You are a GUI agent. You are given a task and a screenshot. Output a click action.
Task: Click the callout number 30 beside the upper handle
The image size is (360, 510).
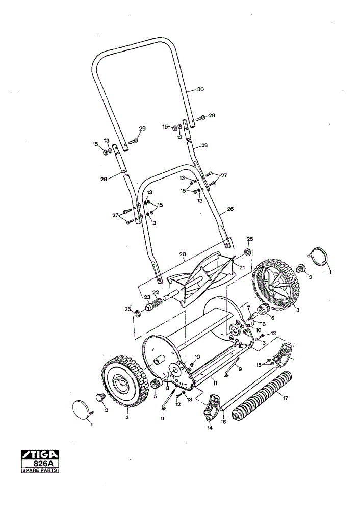point(200,89)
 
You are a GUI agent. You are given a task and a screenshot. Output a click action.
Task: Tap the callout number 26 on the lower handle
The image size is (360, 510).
point(230,209)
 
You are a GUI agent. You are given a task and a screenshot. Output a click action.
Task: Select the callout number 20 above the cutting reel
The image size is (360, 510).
point(183,254)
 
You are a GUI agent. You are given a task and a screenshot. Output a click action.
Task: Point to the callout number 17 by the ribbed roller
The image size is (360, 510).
point(285,398)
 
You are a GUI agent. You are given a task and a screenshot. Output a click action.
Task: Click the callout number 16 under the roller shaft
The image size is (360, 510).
point(223,422)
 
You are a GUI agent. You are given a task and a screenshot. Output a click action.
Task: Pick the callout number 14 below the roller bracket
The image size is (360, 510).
point(210,428)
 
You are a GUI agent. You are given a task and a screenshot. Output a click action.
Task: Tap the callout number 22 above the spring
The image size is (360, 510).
point(156,292)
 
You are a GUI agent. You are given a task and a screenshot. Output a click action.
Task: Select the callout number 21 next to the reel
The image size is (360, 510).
point(242,267)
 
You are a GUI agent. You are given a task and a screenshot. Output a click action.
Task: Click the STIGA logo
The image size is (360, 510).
point(40,454)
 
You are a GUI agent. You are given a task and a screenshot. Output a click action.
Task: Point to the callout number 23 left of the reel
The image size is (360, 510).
point(147,297)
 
